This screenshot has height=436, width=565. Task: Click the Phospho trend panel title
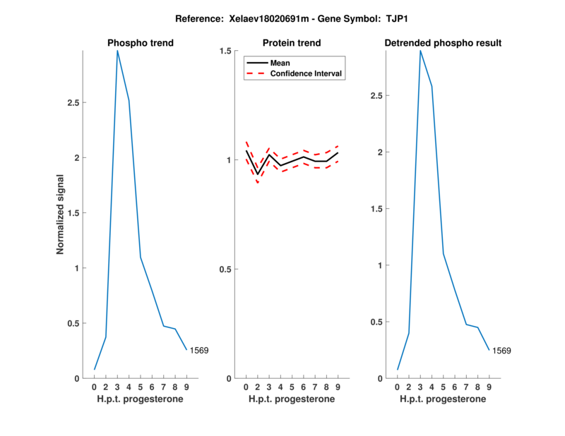(140, 43)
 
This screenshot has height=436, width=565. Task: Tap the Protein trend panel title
(292, 43)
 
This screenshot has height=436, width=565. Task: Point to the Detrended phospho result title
(443, 43)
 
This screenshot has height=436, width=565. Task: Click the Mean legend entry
(280, 63)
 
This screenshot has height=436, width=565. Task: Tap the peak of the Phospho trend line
(117, 51)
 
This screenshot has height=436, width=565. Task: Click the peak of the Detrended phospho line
(420, 51)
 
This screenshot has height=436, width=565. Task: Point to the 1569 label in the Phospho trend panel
(199, 350)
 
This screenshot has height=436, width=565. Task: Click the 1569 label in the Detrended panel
(501, 350)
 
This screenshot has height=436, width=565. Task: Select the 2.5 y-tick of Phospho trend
(73, 102)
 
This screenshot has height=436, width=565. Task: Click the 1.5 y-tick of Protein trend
(225, 51)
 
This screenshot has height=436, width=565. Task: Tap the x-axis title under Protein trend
(292, 399)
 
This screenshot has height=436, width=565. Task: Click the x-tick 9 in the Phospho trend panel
(186, 387)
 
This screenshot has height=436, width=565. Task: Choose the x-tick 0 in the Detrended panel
(398, 387)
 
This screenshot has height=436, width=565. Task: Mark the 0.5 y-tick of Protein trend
(225, 270)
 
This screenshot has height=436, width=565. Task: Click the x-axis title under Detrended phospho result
(443, 399)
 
